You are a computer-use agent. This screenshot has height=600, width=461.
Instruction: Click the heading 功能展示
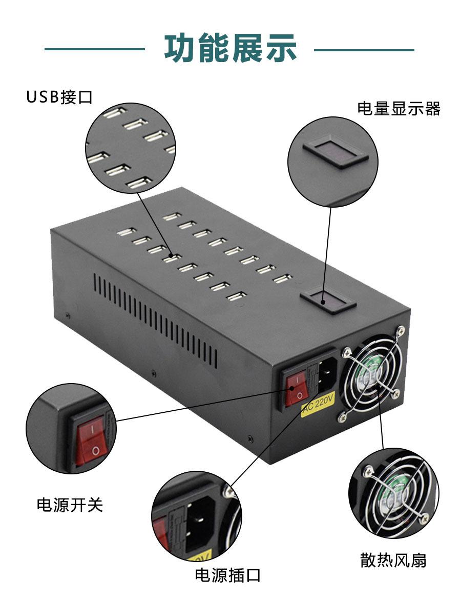[230, 49]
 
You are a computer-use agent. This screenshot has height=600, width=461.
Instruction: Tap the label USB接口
[59, 97]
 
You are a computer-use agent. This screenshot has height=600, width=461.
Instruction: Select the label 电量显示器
[399, 109]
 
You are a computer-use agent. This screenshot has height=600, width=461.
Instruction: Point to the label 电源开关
[70, 505]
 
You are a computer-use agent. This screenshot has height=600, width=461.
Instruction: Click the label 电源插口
[227, 575]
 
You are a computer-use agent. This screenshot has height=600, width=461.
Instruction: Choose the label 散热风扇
[393, 560]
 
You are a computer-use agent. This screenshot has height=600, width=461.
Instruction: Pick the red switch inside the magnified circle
[91, 441]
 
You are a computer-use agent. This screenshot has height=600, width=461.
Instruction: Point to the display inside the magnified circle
[335, 151]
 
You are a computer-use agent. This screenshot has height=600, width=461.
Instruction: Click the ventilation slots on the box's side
[154, 318]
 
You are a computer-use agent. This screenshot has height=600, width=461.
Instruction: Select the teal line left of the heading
[95, 50]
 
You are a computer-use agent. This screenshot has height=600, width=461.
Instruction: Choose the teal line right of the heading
[364, 50]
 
